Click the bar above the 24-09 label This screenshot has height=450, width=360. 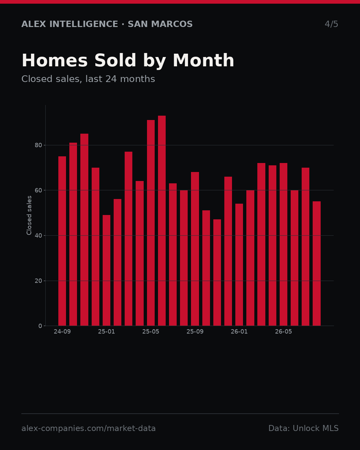tap(62, 241)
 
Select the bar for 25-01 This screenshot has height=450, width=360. tap(106, 270)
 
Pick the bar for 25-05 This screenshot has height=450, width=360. tap(151, 223)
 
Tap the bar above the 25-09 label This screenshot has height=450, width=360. tap(195, 249)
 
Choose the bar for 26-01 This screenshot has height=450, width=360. tap(239, 265)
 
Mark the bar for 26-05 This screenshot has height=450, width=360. tap(283, 244)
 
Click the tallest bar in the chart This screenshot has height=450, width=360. tap(162, 221)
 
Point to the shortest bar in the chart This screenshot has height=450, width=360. tap(217, 272)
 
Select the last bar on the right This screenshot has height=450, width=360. tap(317, 263)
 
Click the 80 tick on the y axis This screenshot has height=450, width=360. tap(38, 145)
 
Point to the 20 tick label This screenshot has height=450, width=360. tap(38, 281)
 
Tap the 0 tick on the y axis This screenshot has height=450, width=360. tap(40, 326)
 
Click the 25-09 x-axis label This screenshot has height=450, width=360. tap(195, 332)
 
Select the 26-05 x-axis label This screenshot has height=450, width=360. tap(283, 332)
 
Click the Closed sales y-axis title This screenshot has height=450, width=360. tap(29, 215)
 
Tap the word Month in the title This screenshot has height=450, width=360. tap(203, 60)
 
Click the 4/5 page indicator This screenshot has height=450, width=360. tap(331, 24)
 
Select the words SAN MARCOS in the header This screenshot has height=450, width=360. tap(160, 24)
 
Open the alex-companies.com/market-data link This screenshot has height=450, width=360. tap(88, 428)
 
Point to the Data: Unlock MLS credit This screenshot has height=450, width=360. tap(304, 428)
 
